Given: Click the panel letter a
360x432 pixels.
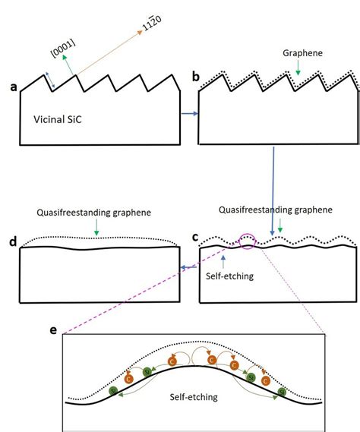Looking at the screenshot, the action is click(13, 87).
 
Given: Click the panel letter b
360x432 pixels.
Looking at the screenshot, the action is click(195, 77).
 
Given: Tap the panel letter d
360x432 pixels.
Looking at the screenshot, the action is click(13, 241).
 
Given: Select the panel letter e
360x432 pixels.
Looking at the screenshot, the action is click(53, 330).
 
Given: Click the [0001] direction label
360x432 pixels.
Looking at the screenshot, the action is click(63, 49).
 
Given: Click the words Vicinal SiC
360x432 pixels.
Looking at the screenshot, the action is click(58, 119).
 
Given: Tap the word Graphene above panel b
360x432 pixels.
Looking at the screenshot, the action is click(302, 53).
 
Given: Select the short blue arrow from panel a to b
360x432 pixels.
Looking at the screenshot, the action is click(190, 114).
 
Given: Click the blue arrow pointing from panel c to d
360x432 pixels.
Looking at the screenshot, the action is click(189, 267).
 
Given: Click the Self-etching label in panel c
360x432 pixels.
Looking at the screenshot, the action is click(229, 276).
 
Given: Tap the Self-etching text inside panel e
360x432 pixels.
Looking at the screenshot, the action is click(194, 397).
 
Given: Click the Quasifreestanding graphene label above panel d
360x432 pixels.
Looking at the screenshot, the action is click(93, 213).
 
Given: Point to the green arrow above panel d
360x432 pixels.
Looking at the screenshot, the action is click(96, 227).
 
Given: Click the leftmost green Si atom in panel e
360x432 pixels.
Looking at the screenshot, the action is click(114, 390).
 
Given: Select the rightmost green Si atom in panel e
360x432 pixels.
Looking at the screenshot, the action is click(282, 392).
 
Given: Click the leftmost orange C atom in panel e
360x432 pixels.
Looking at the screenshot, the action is click(128, 379).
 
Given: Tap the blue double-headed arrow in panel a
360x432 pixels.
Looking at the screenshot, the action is click(50, 80).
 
